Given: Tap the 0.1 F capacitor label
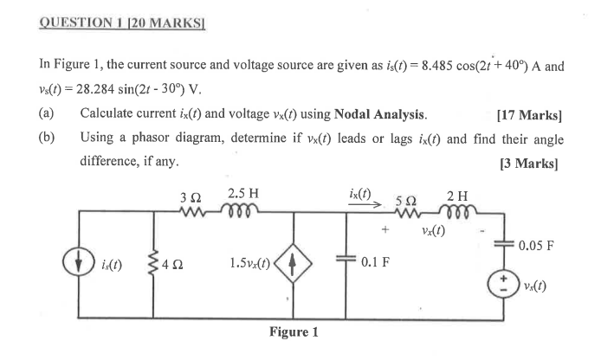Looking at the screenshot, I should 378,260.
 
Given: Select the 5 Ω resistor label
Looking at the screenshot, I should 405,199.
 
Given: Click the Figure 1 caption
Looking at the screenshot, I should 294,331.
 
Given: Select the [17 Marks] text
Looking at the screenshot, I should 530,113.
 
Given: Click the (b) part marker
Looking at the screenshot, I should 47,138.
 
